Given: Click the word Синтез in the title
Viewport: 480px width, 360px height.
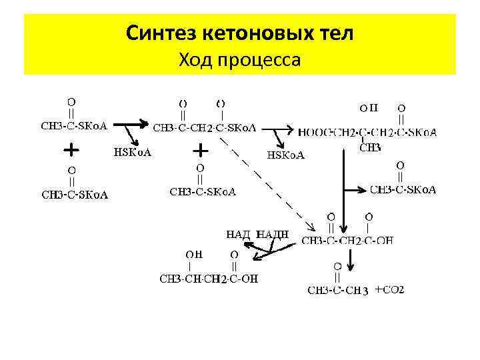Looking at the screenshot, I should [x=157, y=32].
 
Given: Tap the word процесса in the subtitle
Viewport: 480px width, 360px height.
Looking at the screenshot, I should [x=263, y=60].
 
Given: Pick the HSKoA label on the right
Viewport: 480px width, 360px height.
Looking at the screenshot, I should [x=285, y=155].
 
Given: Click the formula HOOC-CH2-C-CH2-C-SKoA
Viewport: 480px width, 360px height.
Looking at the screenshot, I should [x=367, y=132].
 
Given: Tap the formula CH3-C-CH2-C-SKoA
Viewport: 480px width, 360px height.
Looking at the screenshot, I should [x=207, y=128].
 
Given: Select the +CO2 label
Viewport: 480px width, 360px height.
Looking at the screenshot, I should [x=391, y=289].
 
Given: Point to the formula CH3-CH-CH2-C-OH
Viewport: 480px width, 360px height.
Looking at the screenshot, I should [x=208, y=279].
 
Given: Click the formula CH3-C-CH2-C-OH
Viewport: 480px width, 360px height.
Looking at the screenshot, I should [x=347, y=240].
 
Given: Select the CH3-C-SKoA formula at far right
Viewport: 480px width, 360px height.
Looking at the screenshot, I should [x=403, y=190].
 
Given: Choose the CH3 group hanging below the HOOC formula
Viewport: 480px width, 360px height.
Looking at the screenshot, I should [x=370, y=147].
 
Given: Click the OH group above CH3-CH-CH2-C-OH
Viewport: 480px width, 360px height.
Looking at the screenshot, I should [x=194, y=254].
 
